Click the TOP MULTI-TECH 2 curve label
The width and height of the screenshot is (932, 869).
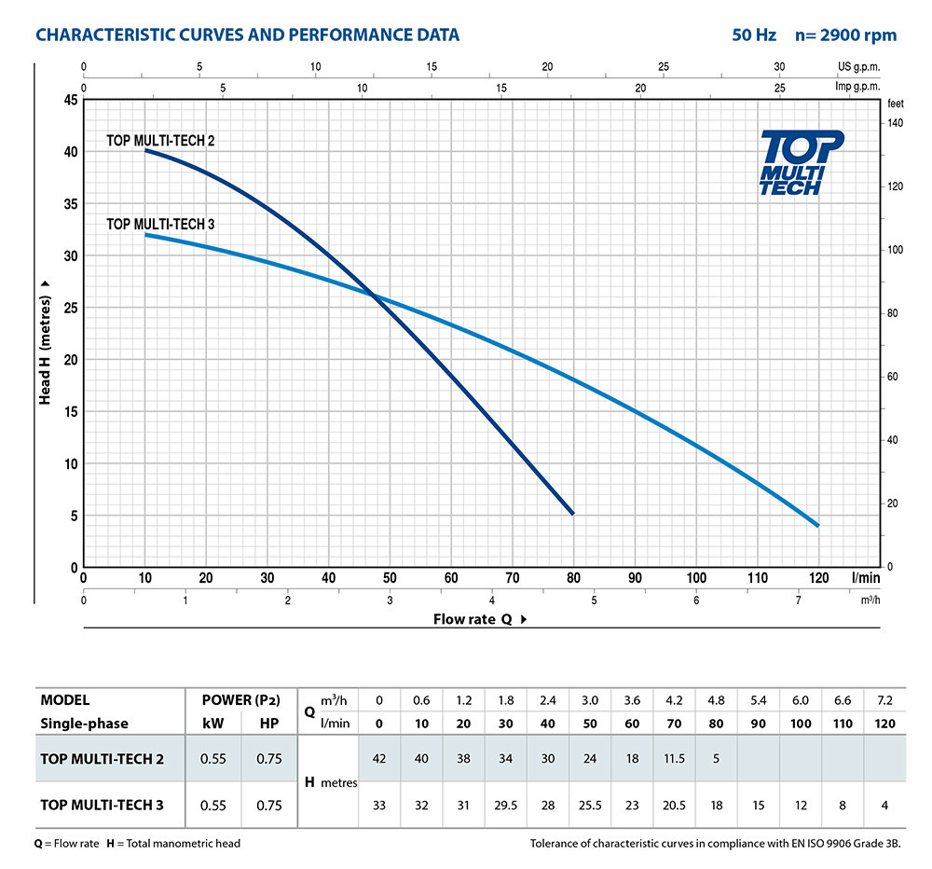click(x=161, y=140)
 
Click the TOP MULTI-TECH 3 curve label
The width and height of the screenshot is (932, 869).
click(x=161, y=224)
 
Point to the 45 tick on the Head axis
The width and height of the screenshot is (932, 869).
click(x=69, y=100)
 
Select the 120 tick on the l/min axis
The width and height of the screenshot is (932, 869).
click(x=818, y=577)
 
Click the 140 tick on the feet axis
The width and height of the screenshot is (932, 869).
click(x=895, y=123)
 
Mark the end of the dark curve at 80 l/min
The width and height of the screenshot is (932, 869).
click(x=573, y=514)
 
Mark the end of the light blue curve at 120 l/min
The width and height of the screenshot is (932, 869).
click(x=818, y=526)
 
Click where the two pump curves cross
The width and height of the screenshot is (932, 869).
click(x=375, y=297)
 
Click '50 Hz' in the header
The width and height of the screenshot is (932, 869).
click(x=754, y=35)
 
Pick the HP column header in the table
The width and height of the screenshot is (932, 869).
click(x=268, y=724)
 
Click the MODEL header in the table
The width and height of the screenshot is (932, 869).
click(x=65, y=700)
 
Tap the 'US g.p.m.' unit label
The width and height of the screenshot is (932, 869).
click(x=858, y=67)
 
